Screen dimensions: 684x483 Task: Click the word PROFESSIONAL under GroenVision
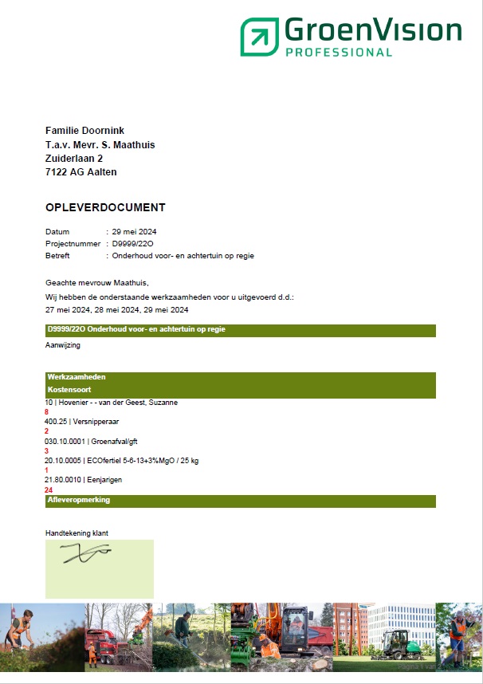point(339,53)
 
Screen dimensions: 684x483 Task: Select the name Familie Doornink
point(85,131)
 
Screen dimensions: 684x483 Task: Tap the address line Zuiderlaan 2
point(74,159)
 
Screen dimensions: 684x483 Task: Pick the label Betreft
point(57,256)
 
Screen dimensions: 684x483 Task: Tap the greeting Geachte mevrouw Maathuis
point(97,282)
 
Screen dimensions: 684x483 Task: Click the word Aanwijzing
point(63,345)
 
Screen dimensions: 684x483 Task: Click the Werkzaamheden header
point(77,376)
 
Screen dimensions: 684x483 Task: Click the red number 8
point(47,412)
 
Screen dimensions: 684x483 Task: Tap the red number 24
point(49,490)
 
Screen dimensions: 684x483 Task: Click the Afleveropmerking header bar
point(239,501)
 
